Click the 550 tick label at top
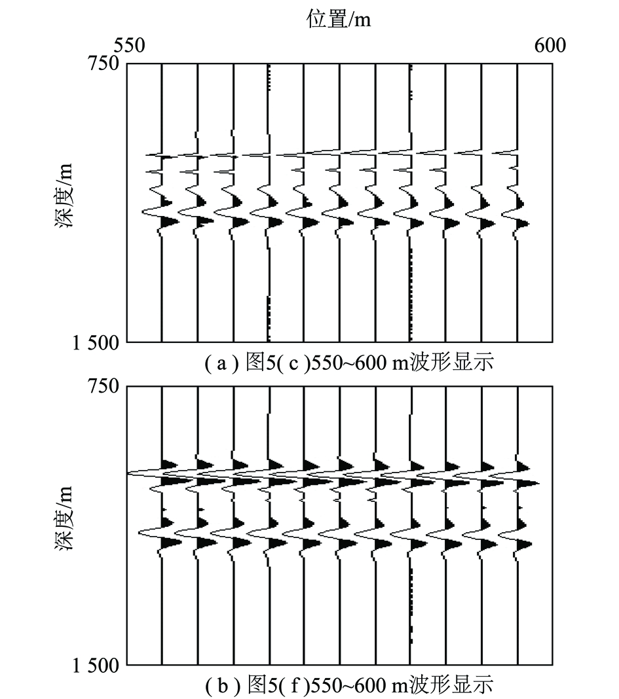pos(130,45)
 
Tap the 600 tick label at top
pos(550,45)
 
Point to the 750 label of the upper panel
pos(103,63)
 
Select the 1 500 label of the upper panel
pos(96,343)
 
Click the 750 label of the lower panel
pos(103,386)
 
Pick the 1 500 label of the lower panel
pos(96,666)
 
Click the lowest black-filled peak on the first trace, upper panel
pos(170,221)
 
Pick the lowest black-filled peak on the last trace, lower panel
pos(525,545)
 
